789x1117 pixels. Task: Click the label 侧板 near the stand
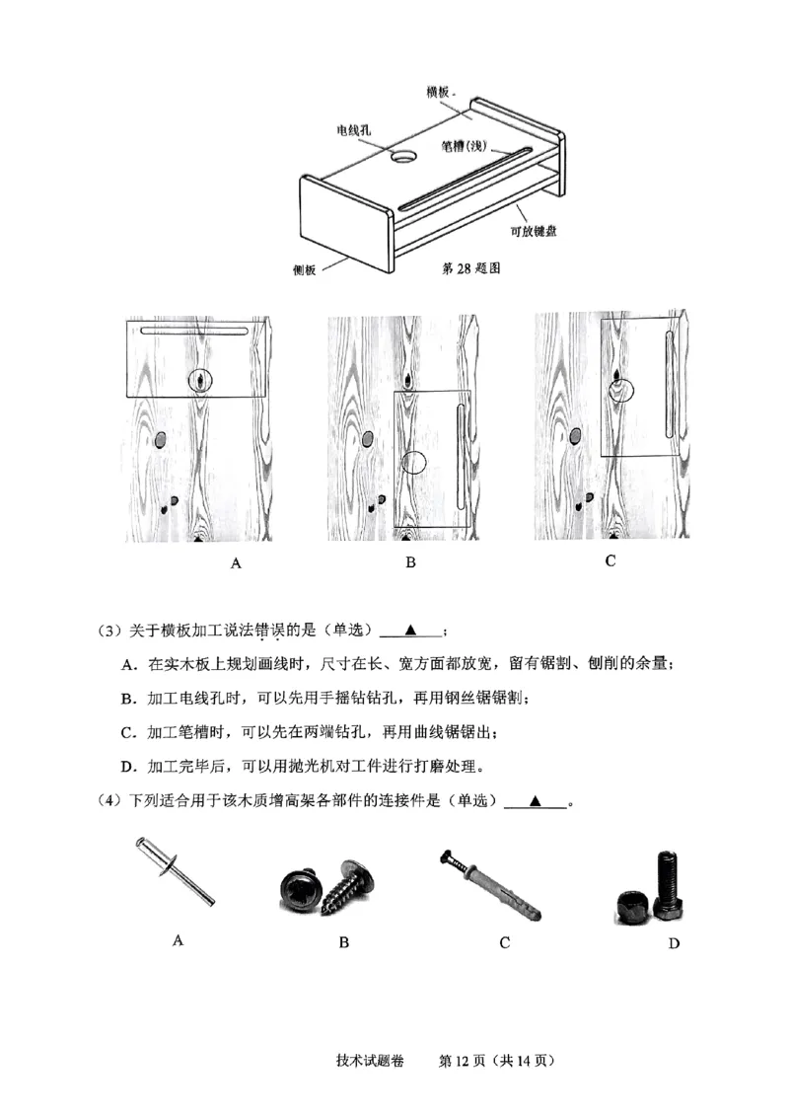304,270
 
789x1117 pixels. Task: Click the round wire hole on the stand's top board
405,157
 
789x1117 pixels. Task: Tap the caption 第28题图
474,267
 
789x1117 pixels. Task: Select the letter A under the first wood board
235,563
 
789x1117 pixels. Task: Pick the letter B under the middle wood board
410,563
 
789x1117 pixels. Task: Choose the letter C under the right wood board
610,560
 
